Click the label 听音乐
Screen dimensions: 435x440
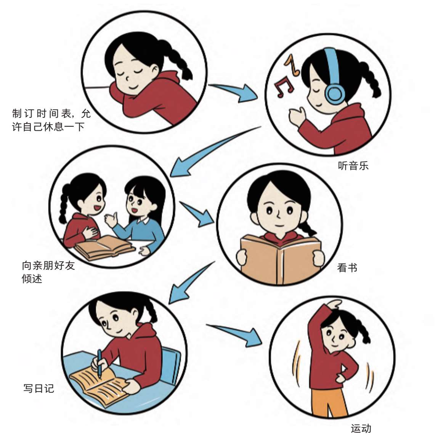[x=353, y=166]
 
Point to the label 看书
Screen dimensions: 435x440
[x=347, y=268]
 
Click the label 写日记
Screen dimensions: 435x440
[x=39, y=388]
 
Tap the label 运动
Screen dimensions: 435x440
[x=361, y=429]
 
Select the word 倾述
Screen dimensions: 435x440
[x=32, y=278]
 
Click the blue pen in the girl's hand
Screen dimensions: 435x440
[x=99, y=363]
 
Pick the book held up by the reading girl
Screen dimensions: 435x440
[x=281, y=259]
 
